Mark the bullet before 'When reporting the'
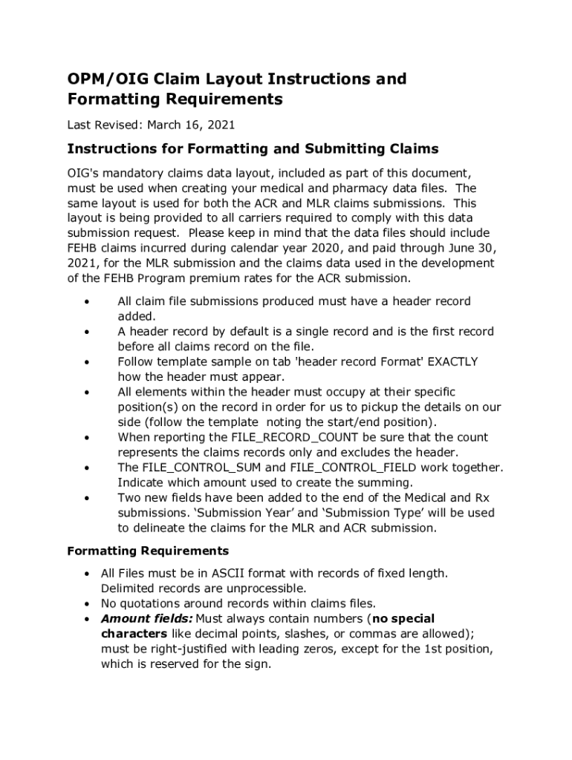tap(88, 437)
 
